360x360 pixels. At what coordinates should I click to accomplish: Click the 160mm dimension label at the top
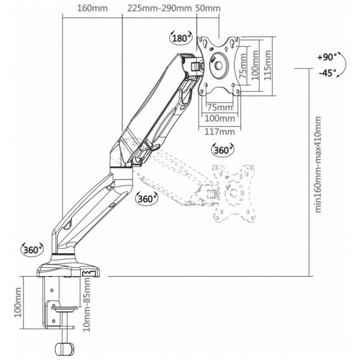click(x=92, y=8)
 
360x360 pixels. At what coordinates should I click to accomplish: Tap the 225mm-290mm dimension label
click(x=160, y=8)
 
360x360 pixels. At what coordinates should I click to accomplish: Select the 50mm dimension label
click(x=208, y=8)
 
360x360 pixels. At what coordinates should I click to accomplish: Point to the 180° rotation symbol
click(x=181, y=38)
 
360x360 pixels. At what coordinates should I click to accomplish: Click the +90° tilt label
click(x=327, y=57)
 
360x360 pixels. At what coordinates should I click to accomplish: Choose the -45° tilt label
click(x=328, y=73)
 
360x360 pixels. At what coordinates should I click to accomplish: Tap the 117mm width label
click(x=220, y=132)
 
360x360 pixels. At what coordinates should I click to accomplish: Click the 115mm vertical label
click(x=268, y=65)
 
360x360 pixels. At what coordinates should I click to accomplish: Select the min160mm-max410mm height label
click(x=318, y=164)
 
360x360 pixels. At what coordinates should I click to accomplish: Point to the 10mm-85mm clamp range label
click(x=87, y=304)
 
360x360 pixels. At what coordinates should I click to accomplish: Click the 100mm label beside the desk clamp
click(x=18, y=302)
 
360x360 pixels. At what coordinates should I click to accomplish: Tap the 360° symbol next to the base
click(x=32, y=250)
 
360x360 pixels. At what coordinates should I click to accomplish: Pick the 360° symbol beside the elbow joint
click(x=147, y=199)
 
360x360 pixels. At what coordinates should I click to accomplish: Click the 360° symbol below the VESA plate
click(x=223, y=150)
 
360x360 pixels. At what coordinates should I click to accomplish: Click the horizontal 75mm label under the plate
click(x=220, y=107)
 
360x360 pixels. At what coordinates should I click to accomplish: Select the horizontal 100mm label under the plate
click(x=220, y=118)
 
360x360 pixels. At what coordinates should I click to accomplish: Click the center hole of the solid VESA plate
click(x=218, y=66)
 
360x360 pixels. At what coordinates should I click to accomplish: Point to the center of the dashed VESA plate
click(x=234, y=193)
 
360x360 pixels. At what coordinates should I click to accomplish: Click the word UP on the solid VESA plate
click(x=212, y=49)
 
